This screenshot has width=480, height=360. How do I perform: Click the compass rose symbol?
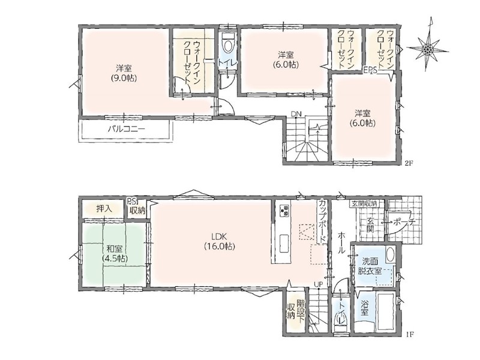(428, 49)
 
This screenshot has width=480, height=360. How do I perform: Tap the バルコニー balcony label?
(126, 129)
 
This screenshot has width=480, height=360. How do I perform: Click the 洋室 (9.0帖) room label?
(124, 73)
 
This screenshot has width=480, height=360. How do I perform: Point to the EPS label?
(370, 70)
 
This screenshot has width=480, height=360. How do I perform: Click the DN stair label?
(296, 114)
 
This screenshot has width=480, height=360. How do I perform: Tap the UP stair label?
(319, 284)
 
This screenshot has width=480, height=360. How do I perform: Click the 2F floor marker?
(410, 163)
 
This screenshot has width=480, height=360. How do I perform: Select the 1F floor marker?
(410, 334)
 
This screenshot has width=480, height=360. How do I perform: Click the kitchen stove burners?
(284, 209)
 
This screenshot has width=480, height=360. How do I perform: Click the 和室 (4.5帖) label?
(115, 253)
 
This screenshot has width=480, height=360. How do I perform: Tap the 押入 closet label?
(104, 209)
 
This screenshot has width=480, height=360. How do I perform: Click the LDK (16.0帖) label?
(219, 241)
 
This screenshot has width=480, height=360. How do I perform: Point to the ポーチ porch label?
(404, 222)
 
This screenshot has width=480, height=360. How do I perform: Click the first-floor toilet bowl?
(341, 321)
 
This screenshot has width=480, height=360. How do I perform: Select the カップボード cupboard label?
(322, 220)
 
